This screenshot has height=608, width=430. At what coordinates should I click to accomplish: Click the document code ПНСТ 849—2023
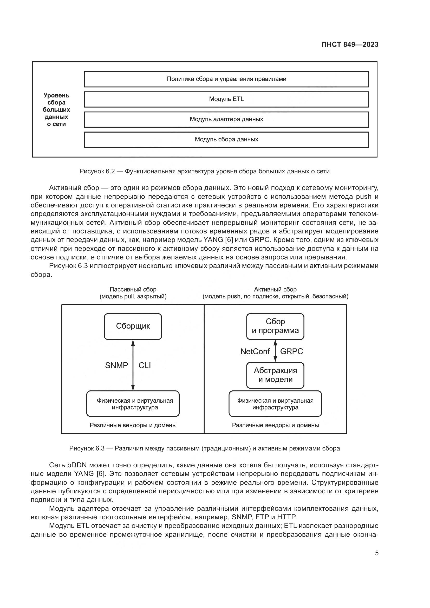[350, 44]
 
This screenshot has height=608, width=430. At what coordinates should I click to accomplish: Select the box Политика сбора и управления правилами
[226, 79]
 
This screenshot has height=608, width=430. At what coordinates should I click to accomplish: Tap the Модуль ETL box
[226, 99]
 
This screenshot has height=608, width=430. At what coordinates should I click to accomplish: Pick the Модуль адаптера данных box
[226, 119]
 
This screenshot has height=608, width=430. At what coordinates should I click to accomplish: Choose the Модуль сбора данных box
[226, 140]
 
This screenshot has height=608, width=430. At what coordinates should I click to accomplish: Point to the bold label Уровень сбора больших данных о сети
[56, 110]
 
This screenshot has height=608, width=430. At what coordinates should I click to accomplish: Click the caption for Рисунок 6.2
[204, 171]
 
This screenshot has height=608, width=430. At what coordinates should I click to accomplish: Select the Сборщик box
[133, 326]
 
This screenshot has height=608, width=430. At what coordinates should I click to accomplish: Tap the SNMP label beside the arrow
[116, 365]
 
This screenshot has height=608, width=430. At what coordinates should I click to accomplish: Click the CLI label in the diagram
[145, 365]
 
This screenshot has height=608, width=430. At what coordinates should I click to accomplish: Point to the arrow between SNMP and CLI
[133, 365]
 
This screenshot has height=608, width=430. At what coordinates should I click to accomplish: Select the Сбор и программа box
[275, 326]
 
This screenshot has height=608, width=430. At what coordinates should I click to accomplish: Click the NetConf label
[255, 351]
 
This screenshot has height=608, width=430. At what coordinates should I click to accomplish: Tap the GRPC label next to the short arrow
[291, 351]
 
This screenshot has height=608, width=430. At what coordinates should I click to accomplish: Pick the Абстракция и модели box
[275, 375]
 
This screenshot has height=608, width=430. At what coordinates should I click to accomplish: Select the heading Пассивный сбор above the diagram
[133, 293]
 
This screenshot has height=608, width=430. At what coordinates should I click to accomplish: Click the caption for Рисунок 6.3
[204, 448]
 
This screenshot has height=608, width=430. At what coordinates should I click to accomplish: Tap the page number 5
[377, 553]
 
